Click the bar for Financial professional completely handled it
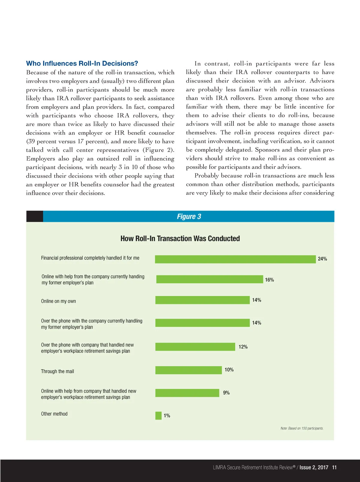(x=235, y=259)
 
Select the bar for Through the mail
(x=188, y=370)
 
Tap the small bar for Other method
(x=158, y=416)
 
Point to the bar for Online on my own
(x=202, y=300)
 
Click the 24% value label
(x=322, y=259)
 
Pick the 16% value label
(x=269, y=280)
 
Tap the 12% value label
(x=243, y=347)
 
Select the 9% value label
(x=226, y=393)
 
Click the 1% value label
(x=167, y=416)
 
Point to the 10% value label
(x=229, y=370)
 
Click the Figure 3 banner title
(x=189, y=217)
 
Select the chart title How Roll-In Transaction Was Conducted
(x=180, y=239)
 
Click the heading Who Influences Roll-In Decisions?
(x=82, y=64)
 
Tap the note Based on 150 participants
(x=302, y=428)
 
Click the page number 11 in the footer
(x=334, y=467)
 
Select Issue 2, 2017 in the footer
(x=314, y=467)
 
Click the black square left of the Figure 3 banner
(x=34, y=216)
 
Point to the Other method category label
(x=54, y=414)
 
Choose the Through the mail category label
(x=57, y=372)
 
